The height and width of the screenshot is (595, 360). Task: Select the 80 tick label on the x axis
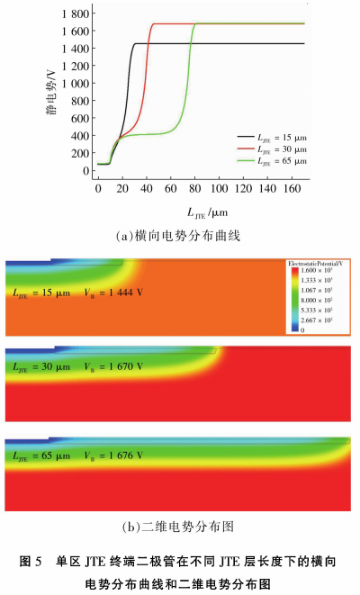point(195,191)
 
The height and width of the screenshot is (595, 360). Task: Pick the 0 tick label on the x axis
point(98,191)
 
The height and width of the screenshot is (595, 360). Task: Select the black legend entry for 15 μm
point(269,135)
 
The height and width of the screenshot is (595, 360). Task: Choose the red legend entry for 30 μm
point(269,149)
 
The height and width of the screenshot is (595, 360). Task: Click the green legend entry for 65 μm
point(269,161)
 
